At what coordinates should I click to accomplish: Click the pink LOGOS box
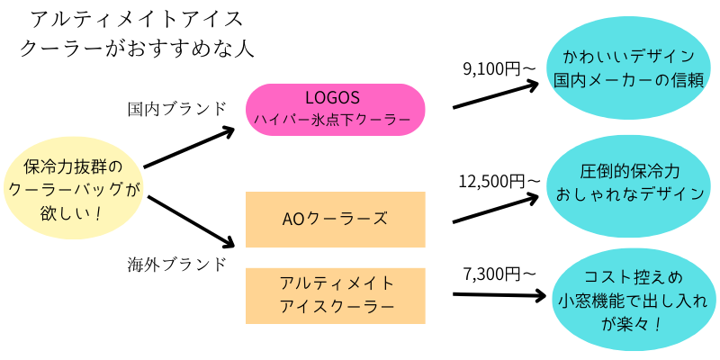click(x=336, y=110)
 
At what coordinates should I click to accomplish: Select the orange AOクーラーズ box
click(x=336, y=220)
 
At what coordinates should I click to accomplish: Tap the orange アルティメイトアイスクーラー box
click(x=336, y=296)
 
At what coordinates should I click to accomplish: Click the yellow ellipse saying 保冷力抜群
click(x=74, y=190)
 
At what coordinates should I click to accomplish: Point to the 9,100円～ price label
click(x=499, y=69)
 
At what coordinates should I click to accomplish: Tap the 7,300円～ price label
click(x=499, y=274)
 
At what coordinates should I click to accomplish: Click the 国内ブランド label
click(x=177, y=109)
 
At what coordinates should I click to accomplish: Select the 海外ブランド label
click(x=177, y=264)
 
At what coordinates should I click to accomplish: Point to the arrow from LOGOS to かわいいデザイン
click(x=496, y=95)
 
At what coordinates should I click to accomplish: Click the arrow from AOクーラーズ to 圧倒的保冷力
click(x=496, y=209)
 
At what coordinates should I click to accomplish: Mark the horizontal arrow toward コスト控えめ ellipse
click(x=499, y=295)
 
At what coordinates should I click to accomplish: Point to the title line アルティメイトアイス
click(x=137, y=20)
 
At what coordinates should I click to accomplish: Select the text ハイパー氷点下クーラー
click(x=332, y=120)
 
